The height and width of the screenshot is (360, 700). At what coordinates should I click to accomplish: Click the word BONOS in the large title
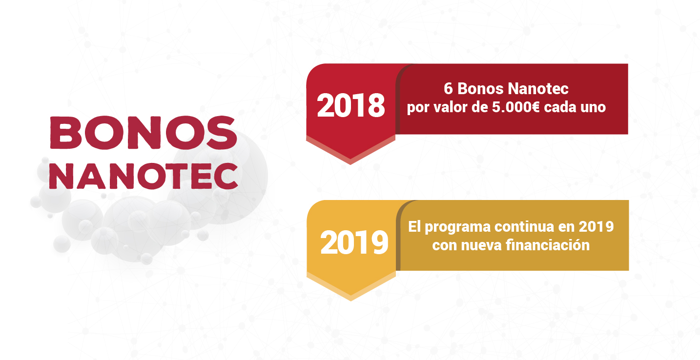pos(144,133)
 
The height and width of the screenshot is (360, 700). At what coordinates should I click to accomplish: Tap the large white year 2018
pos(350,105)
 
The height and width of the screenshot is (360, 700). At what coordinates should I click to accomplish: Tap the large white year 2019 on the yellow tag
pos(354,242)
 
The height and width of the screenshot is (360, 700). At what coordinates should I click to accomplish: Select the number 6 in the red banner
pos(448,89)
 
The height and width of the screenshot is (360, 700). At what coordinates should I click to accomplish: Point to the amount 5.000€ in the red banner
pos(516,107)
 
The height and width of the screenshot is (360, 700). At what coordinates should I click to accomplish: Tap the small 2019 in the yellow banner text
pos(596,227)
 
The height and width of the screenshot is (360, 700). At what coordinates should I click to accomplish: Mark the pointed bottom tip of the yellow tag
pos(350,300)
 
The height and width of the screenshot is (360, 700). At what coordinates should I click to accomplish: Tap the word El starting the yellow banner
pos(414,226)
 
